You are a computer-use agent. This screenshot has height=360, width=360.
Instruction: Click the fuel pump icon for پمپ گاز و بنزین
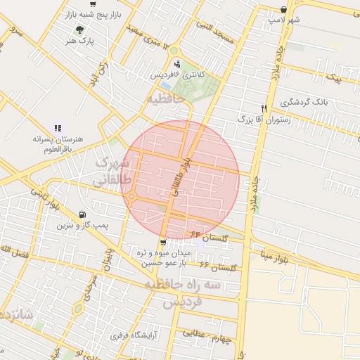84,214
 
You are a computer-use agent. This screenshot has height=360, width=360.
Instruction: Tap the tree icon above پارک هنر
79,30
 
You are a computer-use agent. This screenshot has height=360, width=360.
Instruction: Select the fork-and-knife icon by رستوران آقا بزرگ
264,108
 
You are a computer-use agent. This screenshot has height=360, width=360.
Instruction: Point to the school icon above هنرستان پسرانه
58,128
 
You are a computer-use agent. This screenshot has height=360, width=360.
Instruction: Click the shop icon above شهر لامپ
283,10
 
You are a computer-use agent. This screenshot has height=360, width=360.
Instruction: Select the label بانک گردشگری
304,103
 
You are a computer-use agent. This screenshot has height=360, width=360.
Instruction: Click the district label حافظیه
166,99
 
